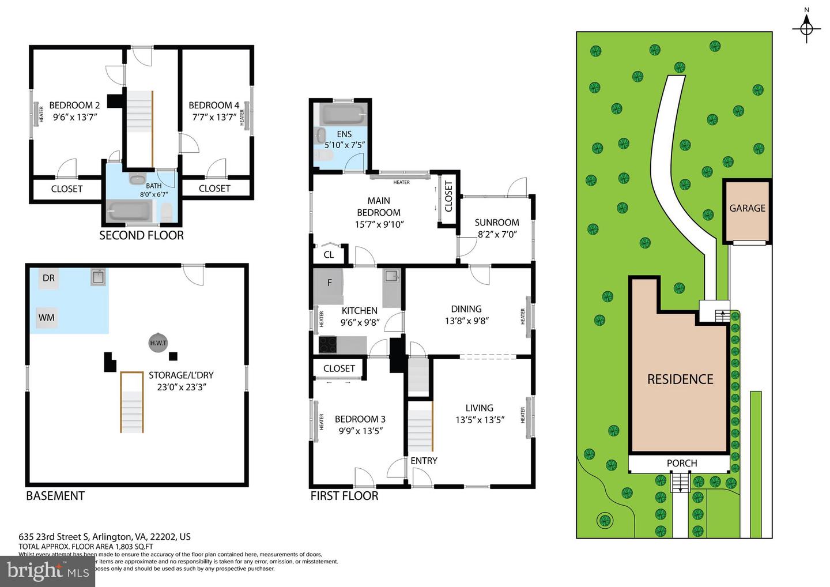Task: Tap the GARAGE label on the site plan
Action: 747,208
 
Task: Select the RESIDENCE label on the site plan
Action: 680,379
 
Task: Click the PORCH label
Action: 681,463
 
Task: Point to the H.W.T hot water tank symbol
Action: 158,343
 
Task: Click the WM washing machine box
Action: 47,317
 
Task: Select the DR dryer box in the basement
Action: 48,278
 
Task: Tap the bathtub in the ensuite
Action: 343,114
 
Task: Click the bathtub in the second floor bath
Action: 130,211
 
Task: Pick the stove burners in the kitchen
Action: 329,345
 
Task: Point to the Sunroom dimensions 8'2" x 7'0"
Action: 496,235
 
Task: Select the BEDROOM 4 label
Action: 214,105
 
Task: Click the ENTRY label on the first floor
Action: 424,461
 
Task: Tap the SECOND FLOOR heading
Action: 141,235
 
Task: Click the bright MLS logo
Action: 48,571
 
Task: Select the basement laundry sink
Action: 98,277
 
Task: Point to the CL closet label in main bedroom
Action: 329,254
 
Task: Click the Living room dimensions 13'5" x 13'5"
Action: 480,420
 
